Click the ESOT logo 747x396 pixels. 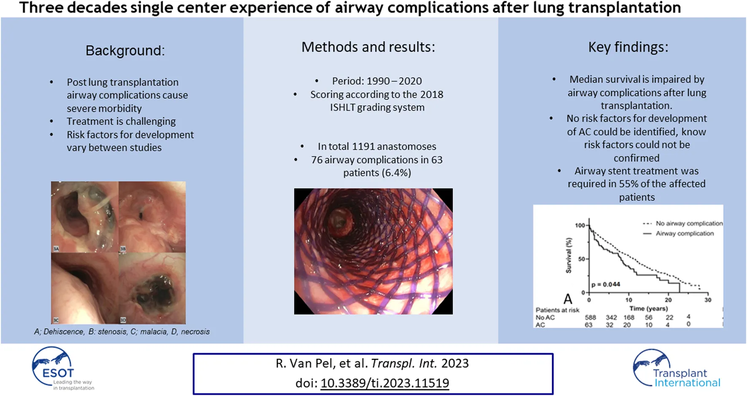tap(62, 369)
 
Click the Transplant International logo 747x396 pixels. tap(676, 369)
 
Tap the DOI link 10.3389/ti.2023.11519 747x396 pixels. tap(384, 383)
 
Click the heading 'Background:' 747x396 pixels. tap(125, 51)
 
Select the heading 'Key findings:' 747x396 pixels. tap(628, 47)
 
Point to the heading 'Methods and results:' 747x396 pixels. tap(368, 47)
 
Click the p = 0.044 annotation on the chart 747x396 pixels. tap(606, 284)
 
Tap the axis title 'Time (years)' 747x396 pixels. tap(648, 309)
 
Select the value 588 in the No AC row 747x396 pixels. tap(590, 317)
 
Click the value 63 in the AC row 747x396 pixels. tap(588, 325)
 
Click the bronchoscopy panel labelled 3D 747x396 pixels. tap(152, 288)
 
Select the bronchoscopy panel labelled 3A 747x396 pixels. tap(85, 217)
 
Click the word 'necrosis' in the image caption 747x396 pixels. tap(195, 332)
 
